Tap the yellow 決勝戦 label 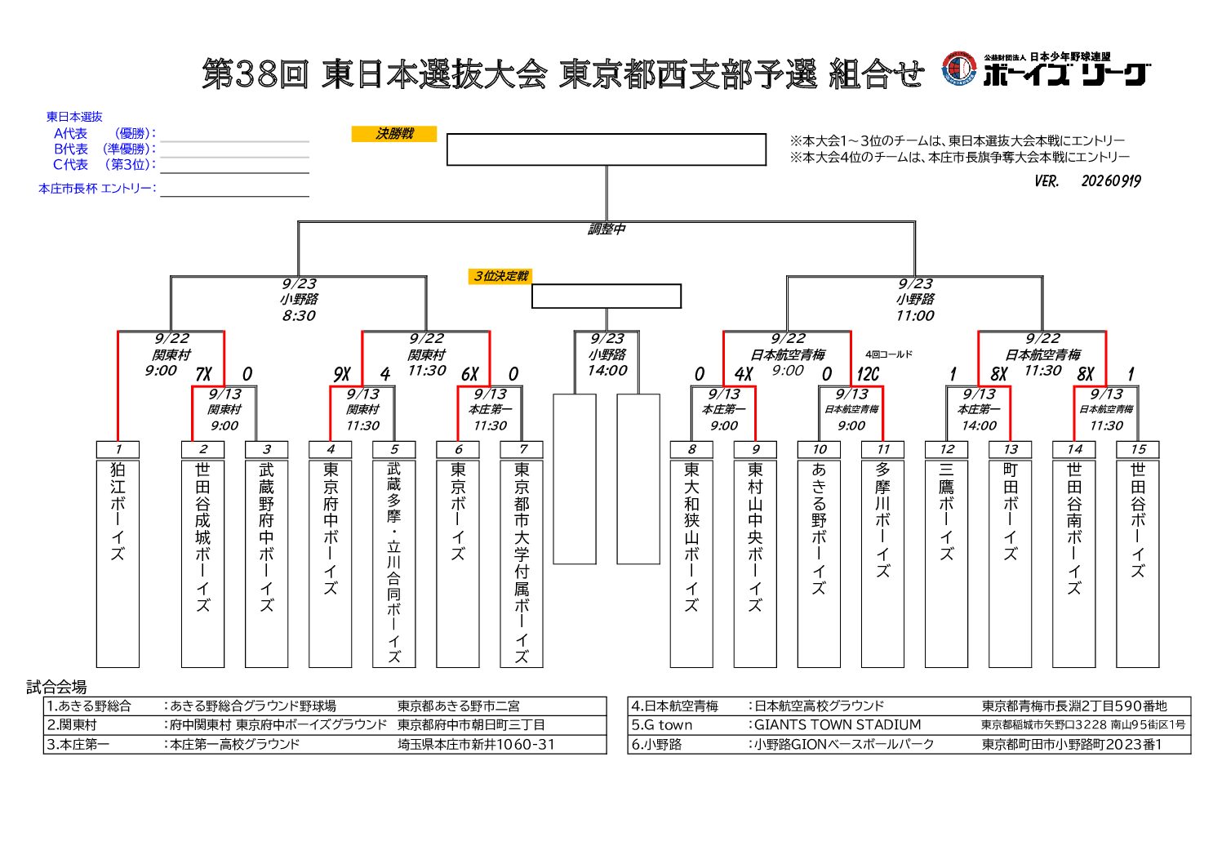pyautogui.click(x=394, y=134)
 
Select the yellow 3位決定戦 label pyautogui.click(x=500, y=276)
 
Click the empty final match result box pyautogui.click(x=606, y=149)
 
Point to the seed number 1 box pyautogui.click(x=118, y=449)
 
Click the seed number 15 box pyautogui.click(x=1137, y=449)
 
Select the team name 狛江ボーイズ pyautogui.click(x=118, y=511)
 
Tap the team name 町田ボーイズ pyautogui.click(x=1011, y=511)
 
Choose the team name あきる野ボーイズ pyautogui.click(x=819, y=528)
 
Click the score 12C pyautogui.click(x=868, y=374)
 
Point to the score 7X pyautogui.click(x=203, y=374)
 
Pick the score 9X pyautogui.click(x=341, y=374)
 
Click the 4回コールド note pyautogui.click(x=889, y=354)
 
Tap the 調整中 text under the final pyautogui.click(x=606, y=229)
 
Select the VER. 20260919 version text pyautogui.click(x=1088, y=181)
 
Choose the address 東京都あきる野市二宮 pyautogui.click(x=458, y=706)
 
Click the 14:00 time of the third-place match pyautogui.click(x=607, y=371)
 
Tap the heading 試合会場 pyautogui.click(x=56, y=687)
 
